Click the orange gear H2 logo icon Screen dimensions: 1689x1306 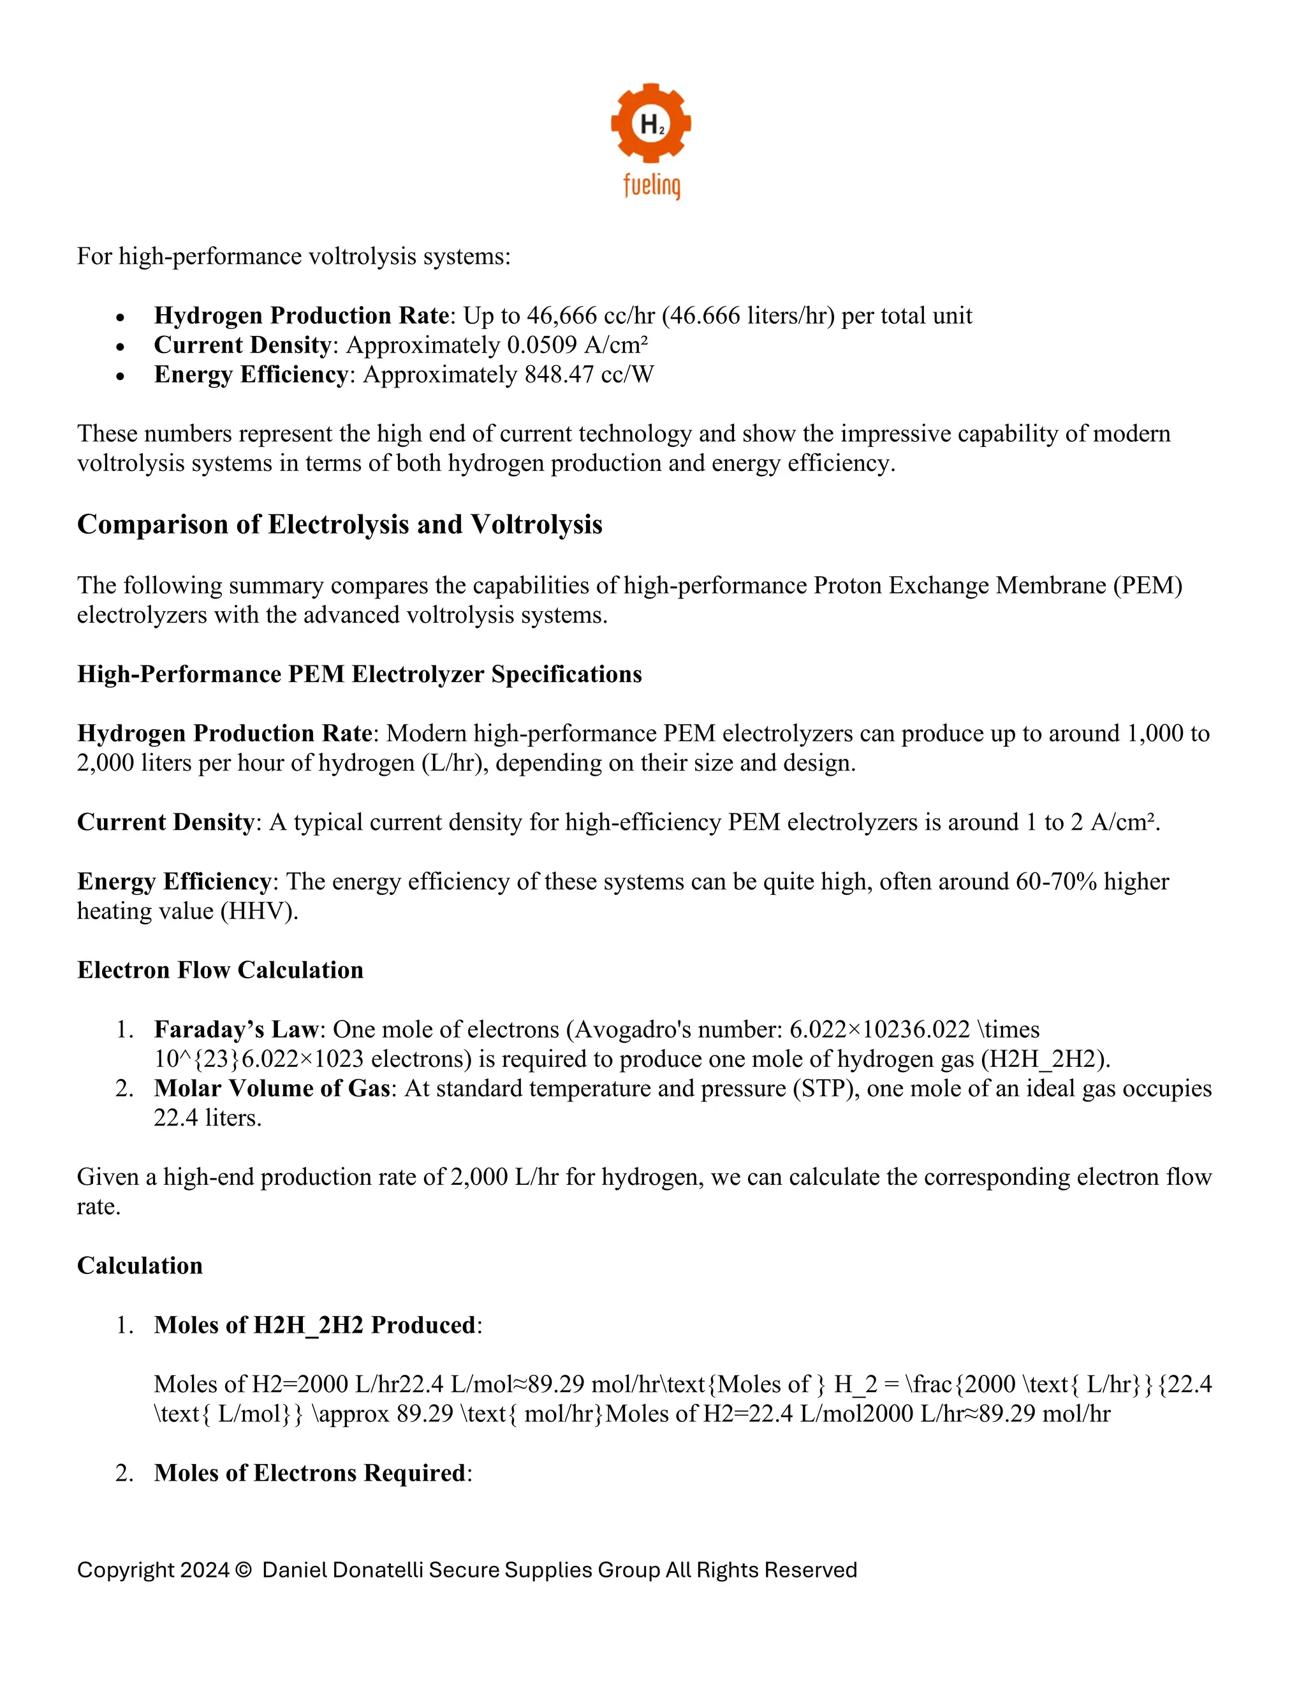tap(650, 123)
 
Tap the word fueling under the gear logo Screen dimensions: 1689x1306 tap(652, 185)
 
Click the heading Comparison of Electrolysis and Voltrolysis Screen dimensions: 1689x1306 tap(340, 525)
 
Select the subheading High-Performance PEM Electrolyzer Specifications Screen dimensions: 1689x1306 tap(360, 674)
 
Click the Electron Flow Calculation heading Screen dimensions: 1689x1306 tap(221, 970)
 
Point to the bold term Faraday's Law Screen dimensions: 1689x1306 tap(236, 1029)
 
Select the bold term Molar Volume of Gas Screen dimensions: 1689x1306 tap(272, 1088)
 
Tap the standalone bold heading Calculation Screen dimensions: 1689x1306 tap(140, 1265)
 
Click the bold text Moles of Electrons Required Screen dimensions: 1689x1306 tap(309, 1472)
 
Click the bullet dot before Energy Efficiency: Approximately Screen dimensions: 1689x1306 tap(120, 376)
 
